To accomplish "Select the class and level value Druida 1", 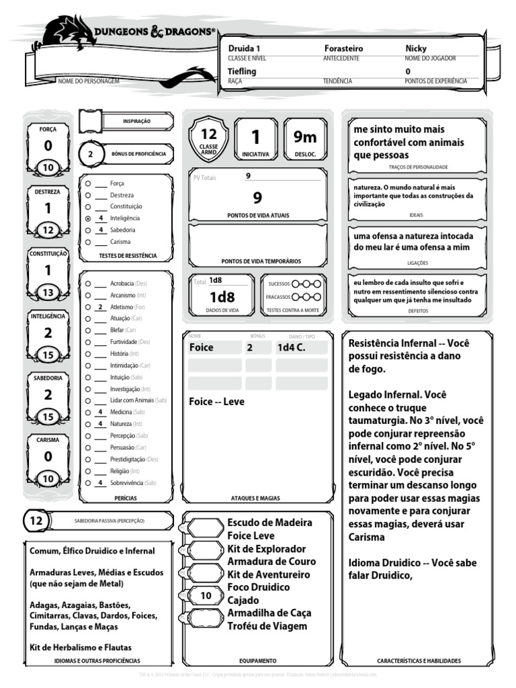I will click(x=245, y=49).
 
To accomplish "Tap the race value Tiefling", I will click(x=242, y=71).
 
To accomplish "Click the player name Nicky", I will click(x=416, y=49).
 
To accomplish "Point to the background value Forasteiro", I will click(x=343, y=49).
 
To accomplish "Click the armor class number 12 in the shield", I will click(x=209, y=134).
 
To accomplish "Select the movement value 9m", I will click(x=305, y=137).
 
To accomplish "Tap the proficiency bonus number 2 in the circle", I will click(x=91, y=154).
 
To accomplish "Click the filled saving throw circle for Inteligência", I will click(x=88, y=218).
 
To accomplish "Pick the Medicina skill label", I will click(x=121, y=412).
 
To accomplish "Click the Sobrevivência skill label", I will click(x=126, y=483).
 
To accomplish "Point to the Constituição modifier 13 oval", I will click(x=48, y=292).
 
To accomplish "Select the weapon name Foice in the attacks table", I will click(x=202, y=347).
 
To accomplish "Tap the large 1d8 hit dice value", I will click(x=222, y=297).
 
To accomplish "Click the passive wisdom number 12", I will click(x=36, y=521).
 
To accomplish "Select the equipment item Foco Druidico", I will click(x=259, y=587).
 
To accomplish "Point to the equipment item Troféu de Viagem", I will click(x=267, y=626).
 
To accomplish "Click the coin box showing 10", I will click(x=206, y=595).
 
